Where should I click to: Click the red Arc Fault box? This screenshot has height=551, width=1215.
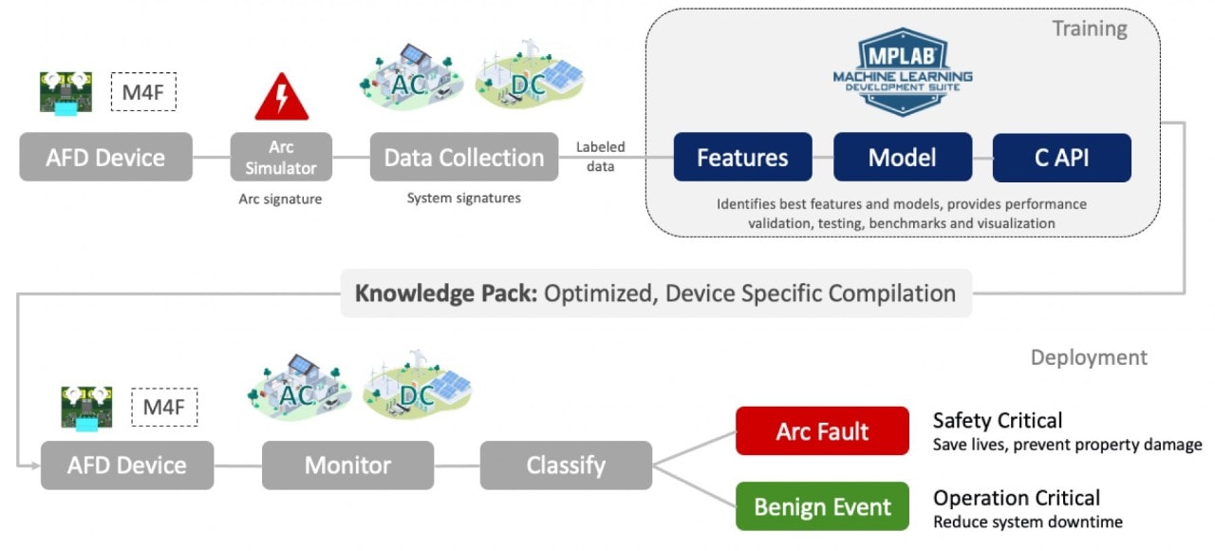[x=822, y=431]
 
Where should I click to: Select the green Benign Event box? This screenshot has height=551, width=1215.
[x=822, y=507]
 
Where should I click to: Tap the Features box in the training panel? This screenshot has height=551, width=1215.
[x=742, y=158]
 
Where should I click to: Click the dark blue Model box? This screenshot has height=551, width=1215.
[x=902, y=158]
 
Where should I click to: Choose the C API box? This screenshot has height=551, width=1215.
[x=1061, y=158]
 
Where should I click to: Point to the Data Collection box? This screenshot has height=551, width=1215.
[x=464, y=158]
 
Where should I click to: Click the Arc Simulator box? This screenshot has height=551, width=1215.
[x=281, y=158]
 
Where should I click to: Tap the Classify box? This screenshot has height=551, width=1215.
[x=566, y=465]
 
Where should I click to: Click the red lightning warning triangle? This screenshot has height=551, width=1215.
[x=281, y=98]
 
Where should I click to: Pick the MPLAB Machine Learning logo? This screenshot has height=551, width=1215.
[x=902, y=71]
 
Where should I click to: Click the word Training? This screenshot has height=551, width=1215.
[x=1089, y=29]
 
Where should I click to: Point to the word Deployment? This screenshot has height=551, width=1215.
[x=1089, y=357]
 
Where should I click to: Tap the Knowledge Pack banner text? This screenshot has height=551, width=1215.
[x=655, y=293]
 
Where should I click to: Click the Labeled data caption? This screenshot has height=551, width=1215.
[x=600, y=157]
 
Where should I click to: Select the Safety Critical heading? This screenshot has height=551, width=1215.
[x=998, y=420]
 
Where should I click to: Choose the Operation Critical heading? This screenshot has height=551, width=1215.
[x=1017, y=498]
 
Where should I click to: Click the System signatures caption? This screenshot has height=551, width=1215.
[x=463, y=199]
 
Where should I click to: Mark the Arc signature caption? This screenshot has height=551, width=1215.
[x=281, y=199]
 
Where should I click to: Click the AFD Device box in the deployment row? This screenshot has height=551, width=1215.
[x=127, y=465]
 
